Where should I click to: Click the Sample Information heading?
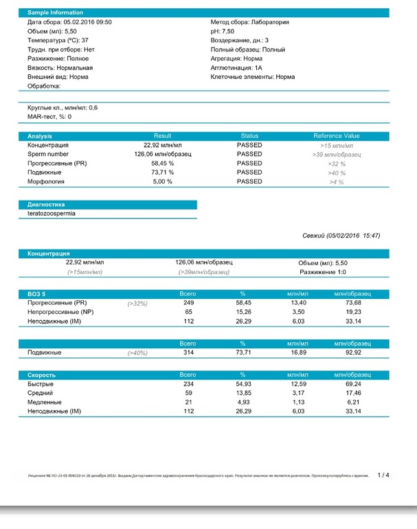click(55, 13)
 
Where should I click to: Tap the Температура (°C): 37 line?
click(59, 41)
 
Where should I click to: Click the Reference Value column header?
click(336, 136)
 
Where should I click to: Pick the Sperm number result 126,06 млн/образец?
click(162, 155)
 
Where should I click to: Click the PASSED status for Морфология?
click(249, 182)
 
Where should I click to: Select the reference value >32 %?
click(336, 164)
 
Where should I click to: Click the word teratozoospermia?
click(52, 214)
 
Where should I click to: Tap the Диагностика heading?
click(46, 205)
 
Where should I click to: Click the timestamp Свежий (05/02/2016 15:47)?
click(341, 236)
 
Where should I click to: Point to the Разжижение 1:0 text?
click(322, 272)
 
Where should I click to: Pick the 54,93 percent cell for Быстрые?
click(243, 384)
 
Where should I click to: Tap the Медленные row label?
click(45, 402)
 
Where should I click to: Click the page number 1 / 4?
click(383, 475)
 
